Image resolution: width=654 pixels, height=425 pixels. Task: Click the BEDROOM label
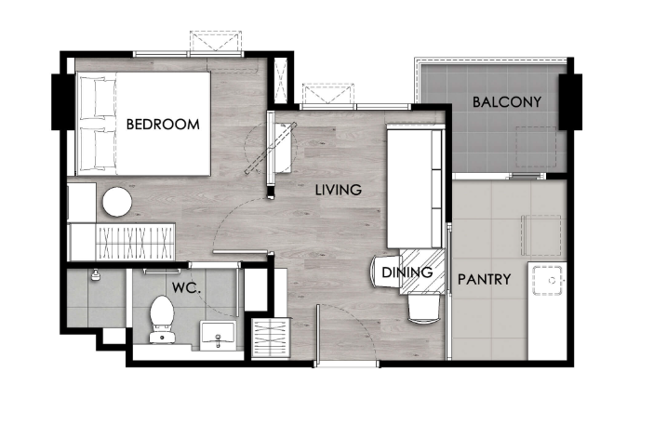click(x=163, y=124)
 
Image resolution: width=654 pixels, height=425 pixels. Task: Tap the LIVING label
click(x=339, y=190)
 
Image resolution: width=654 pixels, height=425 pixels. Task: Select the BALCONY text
click(x=507, y=101)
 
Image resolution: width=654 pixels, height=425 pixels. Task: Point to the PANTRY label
click(x=485, y=279)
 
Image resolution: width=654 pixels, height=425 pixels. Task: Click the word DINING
click(x=407, y=272)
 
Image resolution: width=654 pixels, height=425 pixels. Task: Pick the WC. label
click(x=186, y=287)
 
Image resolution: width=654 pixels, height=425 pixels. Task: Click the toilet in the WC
click(x=162, y=320)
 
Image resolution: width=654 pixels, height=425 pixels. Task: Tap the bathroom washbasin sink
click(x=218, y=336)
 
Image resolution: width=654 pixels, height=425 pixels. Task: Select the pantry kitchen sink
click(x=548, y=280)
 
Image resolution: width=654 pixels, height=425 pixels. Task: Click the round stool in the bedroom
click(x=117, y=202)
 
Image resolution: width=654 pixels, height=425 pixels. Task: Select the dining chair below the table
click(x=423, y=308)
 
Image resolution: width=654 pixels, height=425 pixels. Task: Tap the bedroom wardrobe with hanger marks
click(x=135, y=242)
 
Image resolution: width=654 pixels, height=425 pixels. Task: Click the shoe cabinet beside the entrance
click(x=271, y=338)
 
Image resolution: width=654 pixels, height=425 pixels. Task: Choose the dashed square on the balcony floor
click(x=537, y=147)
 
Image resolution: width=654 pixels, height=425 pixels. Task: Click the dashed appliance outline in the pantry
click(x=541, y=235)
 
